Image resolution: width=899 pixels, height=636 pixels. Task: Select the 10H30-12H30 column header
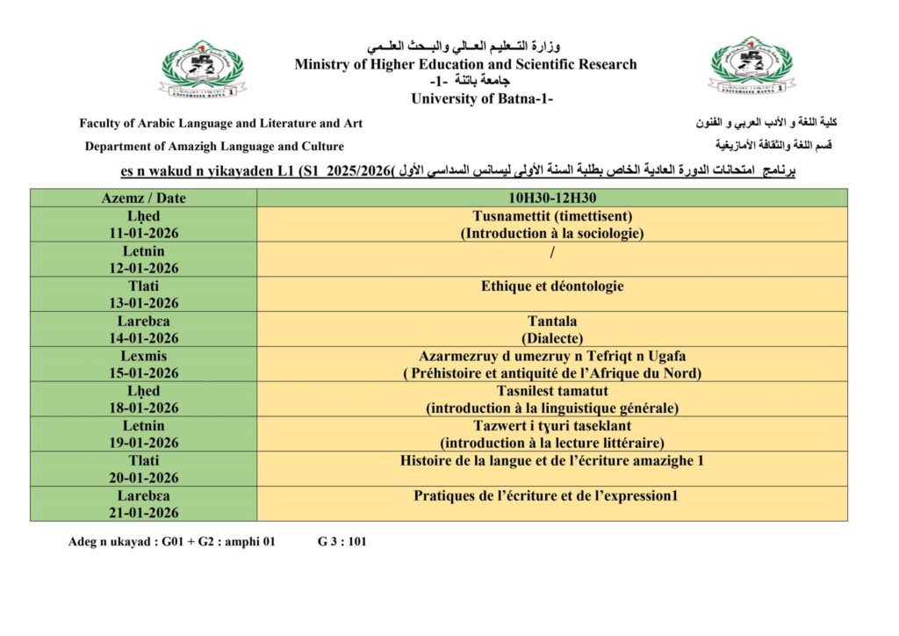552,199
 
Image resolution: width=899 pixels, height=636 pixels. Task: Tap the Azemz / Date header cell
144,199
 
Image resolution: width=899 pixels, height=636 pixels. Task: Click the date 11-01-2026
143,233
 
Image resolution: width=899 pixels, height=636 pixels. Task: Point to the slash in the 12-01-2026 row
552,252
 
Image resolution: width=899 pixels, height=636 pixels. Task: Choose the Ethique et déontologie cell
552,286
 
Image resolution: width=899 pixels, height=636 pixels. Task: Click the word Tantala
552,321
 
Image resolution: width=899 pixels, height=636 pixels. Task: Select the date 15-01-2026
143,372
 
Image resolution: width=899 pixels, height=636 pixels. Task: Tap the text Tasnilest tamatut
552,391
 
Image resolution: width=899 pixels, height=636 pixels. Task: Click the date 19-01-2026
143,443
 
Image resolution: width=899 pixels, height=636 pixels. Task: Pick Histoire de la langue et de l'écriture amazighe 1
552,460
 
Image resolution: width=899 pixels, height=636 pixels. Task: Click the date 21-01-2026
143,513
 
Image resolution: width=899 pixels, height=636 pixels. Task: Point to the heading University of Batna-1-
482,98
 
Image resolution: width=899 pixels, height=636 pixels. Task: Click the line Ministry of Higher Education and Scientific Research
465,64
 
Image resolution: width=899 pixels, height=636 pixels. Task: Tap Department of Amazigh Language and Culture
214,147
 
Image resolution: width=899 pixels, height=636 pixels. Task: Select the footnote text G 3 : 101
342,542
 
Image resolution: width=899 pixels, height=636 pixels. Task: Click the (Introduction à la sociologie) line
552,234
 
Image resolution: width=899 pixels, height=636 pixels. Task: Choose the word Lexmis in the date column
143,356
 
